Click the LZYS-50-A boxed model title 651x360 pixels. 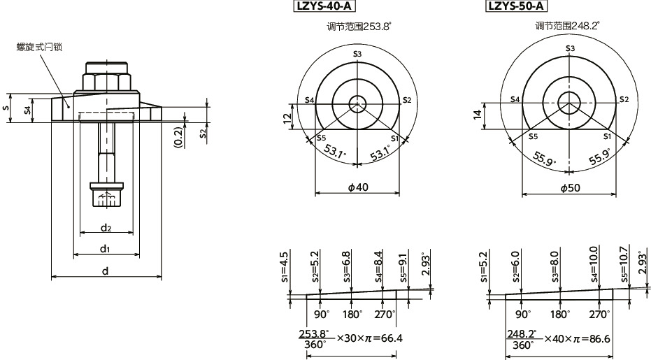[517, 8]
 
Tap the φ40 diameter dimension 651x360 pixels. [357, 187]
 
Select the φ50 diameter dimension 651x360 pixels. [568, 187]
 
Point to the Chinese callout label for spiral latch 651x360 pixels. [39, 48]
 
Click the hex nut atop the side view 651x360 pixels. [106, 78]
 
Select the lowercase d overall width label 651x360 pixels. [106, 271]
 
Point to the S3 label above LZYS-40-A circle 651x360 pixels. [357, 54]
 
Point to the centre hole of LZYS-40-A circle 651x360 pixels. [357, 104]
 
